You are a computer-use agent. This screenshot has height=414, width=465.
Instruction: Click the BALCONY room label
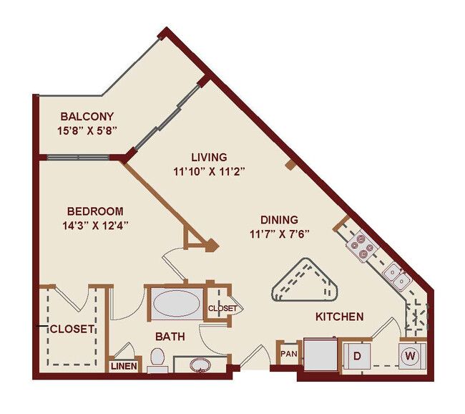click(x=87, y=116)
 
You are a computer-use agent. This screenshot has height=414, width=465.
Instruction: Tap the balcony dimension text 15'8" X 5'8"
click(x=87, y=130)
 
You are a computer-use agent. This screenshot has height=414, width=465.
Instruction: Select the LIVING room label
click(x=209, y=157)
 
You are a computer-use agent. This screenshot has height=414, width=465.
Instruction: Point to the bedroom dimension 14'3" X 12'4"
click(x=94, y=226)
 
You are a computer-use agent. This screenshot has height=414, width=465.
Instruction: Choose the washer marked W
click(x=411, y=355)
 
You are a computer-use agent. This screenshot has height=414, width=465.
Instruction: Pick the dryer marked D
click(x=356, y=355)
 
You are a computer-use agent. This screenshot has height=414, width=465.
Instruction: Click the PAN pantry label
click(x=289, y=353)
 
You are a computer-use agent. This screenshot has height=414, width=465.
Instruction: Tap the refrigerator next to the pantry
click(x=318, y=354)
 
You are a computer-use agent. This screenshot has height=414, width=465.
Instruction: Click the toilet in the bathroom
click(x=157, y=359)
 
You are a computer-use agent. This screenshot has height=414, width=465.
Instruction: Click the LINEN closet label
click(x=123, y=366)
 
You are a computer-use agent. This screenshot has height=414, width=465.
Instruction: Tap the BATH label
click(x=170, y=336)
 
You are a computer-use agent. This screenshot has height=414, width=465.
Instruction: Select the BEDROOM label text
click(x=94, y=211)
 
